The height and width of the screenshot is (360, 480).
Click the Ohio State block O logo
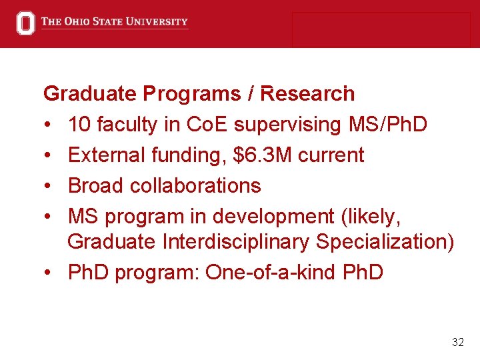[x=26, y=23]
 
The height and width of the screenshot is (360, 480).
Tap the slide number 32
[x=457, y=342]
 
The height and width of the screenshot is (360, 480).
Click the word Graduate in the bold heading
[x=91, y=94]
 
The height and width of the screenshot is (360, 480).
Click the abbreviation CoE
[x=209, y=125]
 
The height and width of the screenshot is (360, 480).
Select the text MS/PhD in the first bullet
[x=388, y=125]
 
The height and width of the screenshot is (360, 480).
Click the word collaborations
[x=195, y=185]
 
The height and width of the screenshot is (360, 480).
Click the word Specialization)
[x=385, y=241]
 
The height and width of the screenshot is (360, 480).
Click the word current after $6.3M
[x=331, y=155]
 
